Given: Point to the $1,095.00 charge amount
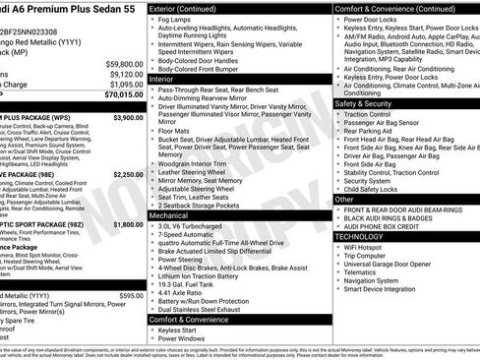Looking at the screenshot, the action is (x=125, y=84).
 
